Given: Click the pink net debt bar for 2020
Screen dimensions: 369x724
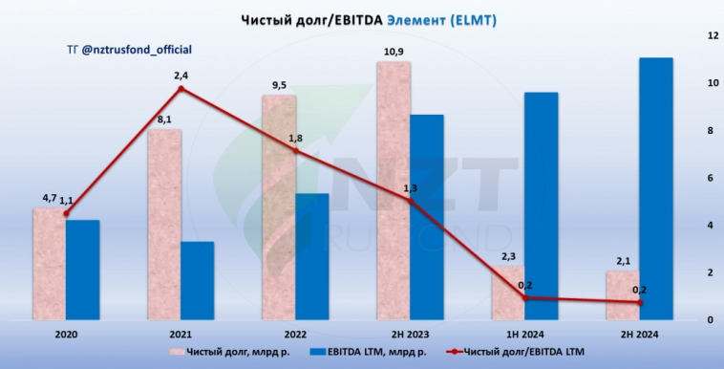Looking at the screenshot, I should pyautogui.click(x=49, y=264).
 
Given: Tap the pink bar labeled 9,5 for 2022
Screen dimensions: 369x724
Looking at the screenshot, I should pyautogui.click(x=278, y=206).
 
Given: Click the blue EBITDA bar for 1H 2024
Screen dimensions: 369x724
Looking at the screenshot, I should pyautogui.click(x=541, y=206).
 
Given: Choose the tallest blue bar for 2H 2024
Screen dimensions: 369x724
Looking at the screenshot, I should pyautogui.click(x=655, y=188).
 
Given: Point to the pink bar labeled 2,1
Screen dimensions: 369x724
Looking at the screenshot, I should pyautogui.click(x=622, y=295).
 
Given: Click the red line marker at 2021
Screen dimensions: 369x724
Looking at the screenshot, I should pyautogui.click(x=181, y=89).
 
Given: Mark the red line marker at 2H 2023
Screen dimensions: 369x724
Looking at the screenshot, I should pyautogui.click(x=410, y=201).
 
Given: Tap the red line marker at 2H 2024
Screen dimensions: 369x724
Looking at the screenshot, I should pyautogui.click(x=639, y=302).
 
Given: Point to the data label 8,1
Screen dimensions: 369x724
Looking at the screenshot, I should pyautogui.click(x=162, y=119).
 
